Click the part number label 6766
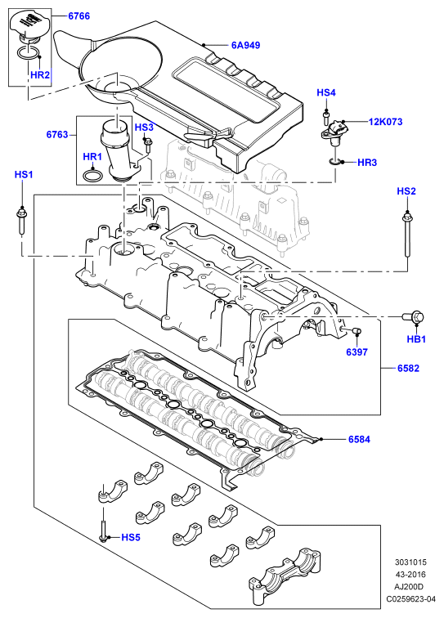point(78,16)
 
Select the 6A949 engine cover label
point(245,45)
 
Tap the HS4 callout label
point(326,92)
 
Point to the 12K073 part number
point(385,122)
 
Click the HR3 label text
point(367,163)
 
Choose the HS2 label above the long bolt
point(406,191)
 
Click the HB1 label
point(416,339)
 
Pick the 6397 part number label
point(357,352)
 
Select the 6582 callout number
point(408,369)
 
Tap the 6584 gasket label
point(359,439)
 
